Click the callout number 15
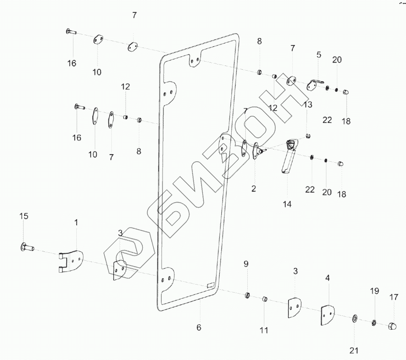(24, 216)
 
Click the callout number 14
(287, 204)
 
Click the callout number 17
(394, 298)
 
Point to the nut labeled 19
(373, 323)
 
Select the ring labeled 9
(247, 296)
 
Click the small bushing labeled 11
(266, 299)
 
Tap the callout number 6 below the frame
(199, 327)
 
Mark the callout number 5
(319, 55)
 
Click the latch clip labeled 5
(313, 84)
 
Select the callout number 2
(254, 189)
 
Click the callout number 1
(76, 222)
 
